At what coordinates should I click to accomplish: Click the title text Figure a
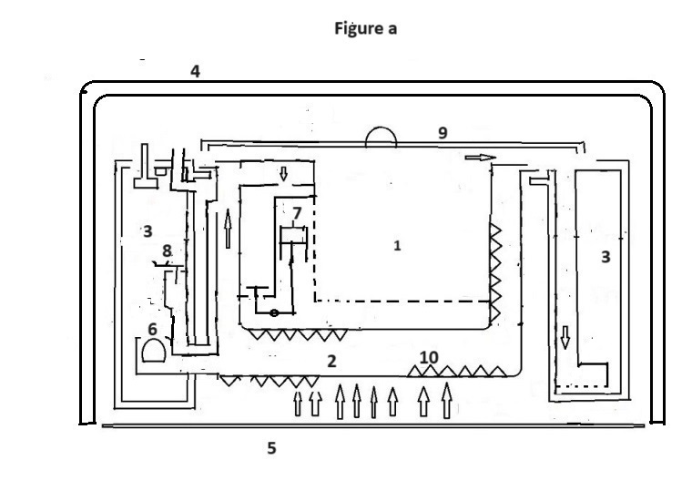click(x=363, y=28)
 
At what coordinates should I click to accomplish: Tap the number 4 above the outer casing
click(x=195, y=71)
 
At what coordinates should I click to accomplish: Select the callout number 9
click(x=443, y=133)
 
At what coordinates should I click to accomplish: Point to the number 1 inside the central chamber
click(x=397, y=245)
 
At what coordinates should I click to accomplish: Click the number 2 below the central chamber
click(x=332, y=361)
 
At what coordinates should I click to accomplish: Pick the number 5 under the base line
click(x=271, y=448)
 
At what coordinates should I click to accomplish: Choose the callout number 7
click(x=297, y=213)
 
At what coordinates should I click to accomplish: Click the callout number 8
click(x=167, y=250)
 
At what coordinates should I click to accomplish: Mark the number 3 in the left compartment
click(x=147, y=230)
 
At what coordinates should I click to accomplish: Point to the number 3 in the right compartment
click(x=605, y=257)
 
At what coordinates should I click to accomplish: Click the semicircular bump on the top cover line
click(x=382, y=137)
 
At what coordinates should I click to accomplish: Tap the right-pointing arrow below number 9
click(x=480, y=158)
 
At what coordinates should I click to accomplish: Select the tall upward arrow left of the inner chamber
click(x=227, y=226)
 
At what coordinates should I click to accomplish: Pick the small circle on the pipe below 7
click(x=272, y=312)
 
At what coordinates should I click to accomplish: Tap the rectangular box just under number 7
click(x=292, y=234)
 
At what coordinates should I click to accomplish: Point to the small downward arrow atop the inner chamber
click(x=282, y=175)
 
